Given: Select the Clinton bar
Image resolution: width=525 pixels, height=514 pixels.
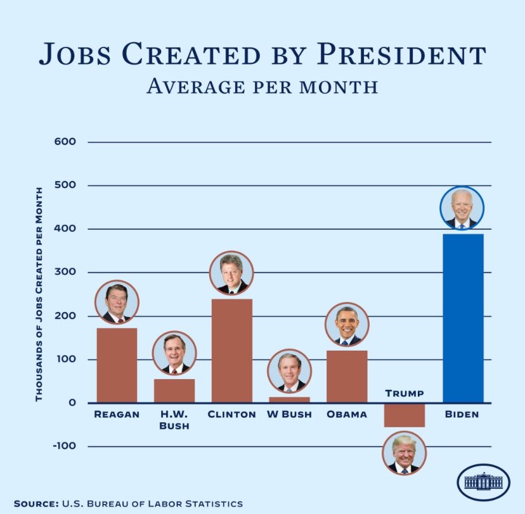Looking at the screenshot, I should pos(232,351).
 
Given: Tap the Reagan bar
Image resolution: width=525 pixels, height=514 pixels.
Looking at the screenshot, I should pos(117,365).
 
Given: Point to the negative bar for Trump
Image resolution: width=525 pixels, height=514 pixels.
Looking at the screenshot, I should pos(405,415).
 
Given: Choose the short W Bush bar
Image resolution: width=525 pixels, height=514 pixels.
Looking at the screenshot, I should pos(289,400).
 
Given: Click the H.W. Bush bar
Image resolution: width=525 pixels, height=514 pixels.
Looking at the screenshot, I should pos(174,391).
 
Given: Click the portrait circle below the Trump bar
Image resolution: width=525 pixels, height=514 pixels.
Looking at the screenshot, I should pos(405,454).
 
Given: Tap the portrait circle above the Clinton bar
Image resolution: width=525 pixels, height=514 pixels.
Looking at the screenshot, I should pos(231,273).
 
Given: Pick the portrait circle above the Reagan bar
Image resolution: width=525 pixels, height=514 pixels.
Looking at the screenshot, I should pos(117,303).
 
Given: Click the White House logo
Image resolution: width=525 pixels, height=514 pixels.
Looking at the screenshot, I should pos(483,482).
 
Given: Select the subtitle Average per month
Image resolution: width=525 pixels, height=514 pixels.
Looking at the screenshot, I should pos(262,86).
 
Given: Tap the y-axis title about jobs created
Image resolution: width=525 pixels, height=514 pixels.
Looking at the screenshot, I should pos(39,294).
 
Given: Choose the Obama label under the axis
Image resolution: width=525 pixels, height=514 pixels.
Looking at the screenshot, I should pos(347,415).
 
